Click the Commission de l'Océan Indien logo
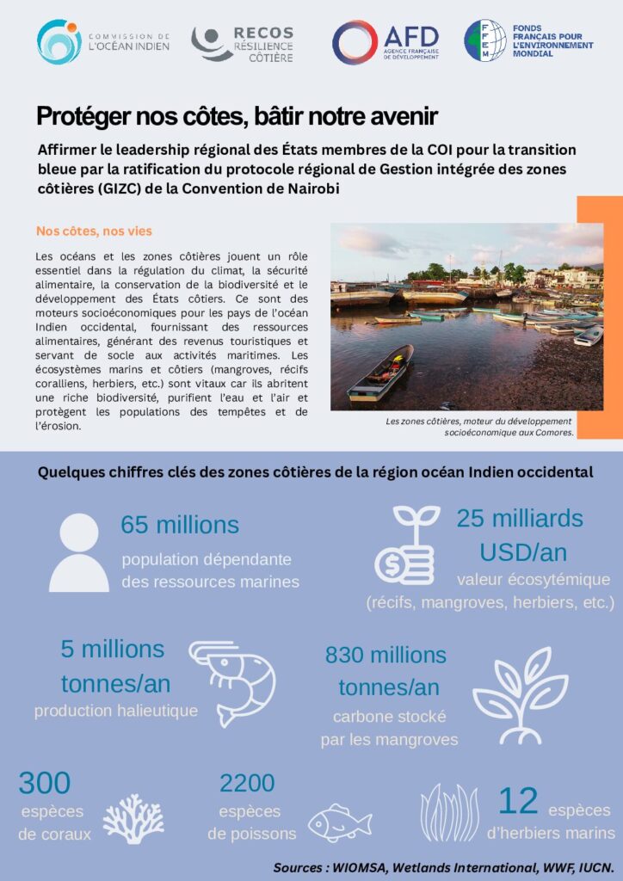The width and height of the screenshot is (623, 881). tap(59, 42)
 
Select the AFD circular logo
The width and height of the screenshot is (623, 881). tap(355, 42)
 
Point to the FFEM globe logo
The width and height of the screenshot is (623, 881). tap(484, 40)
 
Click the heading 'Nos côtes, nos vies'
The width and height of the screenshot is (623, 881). tap(94, 231)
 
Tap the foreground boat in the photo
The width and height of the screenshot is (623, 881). tap(380, 373)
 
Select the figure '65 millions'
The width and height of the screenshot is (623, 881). tap(180, 525)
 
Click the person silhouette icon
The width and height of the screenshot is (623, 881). tap(79, 553)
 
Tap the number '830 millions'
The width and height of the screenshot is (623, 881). tap(386, 655)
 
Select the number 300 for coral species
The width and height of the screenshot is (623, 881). tap(45, 783)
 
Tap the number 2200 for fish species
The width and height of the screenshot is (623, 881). tap(247, 783)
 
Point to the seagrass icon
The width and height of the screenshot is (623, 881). tap(449, 813)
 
